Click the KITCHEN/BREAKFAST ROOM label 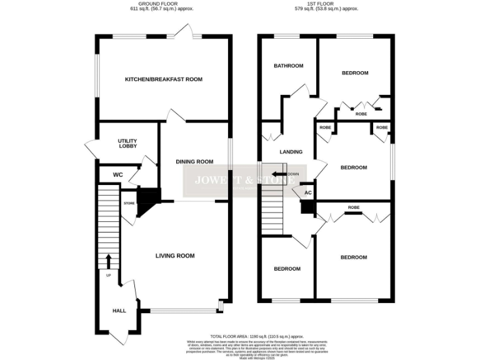click(x=164, y=79)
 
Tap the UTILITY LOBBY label click(x=127, y=144)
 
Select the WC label click(x=117, y=174)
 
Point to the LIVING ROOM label click(x=175, y=256)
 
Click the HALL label click(x=119, y=311)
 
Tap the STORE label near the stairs click(x=129, y=203)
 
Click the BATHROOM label click(x=288, y=66)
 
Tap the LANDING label click(x=291, y=152)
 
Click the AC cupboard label click(x=307, y=192)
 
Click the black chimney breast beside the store click(x=147, y=200)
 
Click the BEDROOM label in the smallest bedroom click(x=287, y=269)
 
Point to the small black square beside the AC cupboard click(x=306, y=207)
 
